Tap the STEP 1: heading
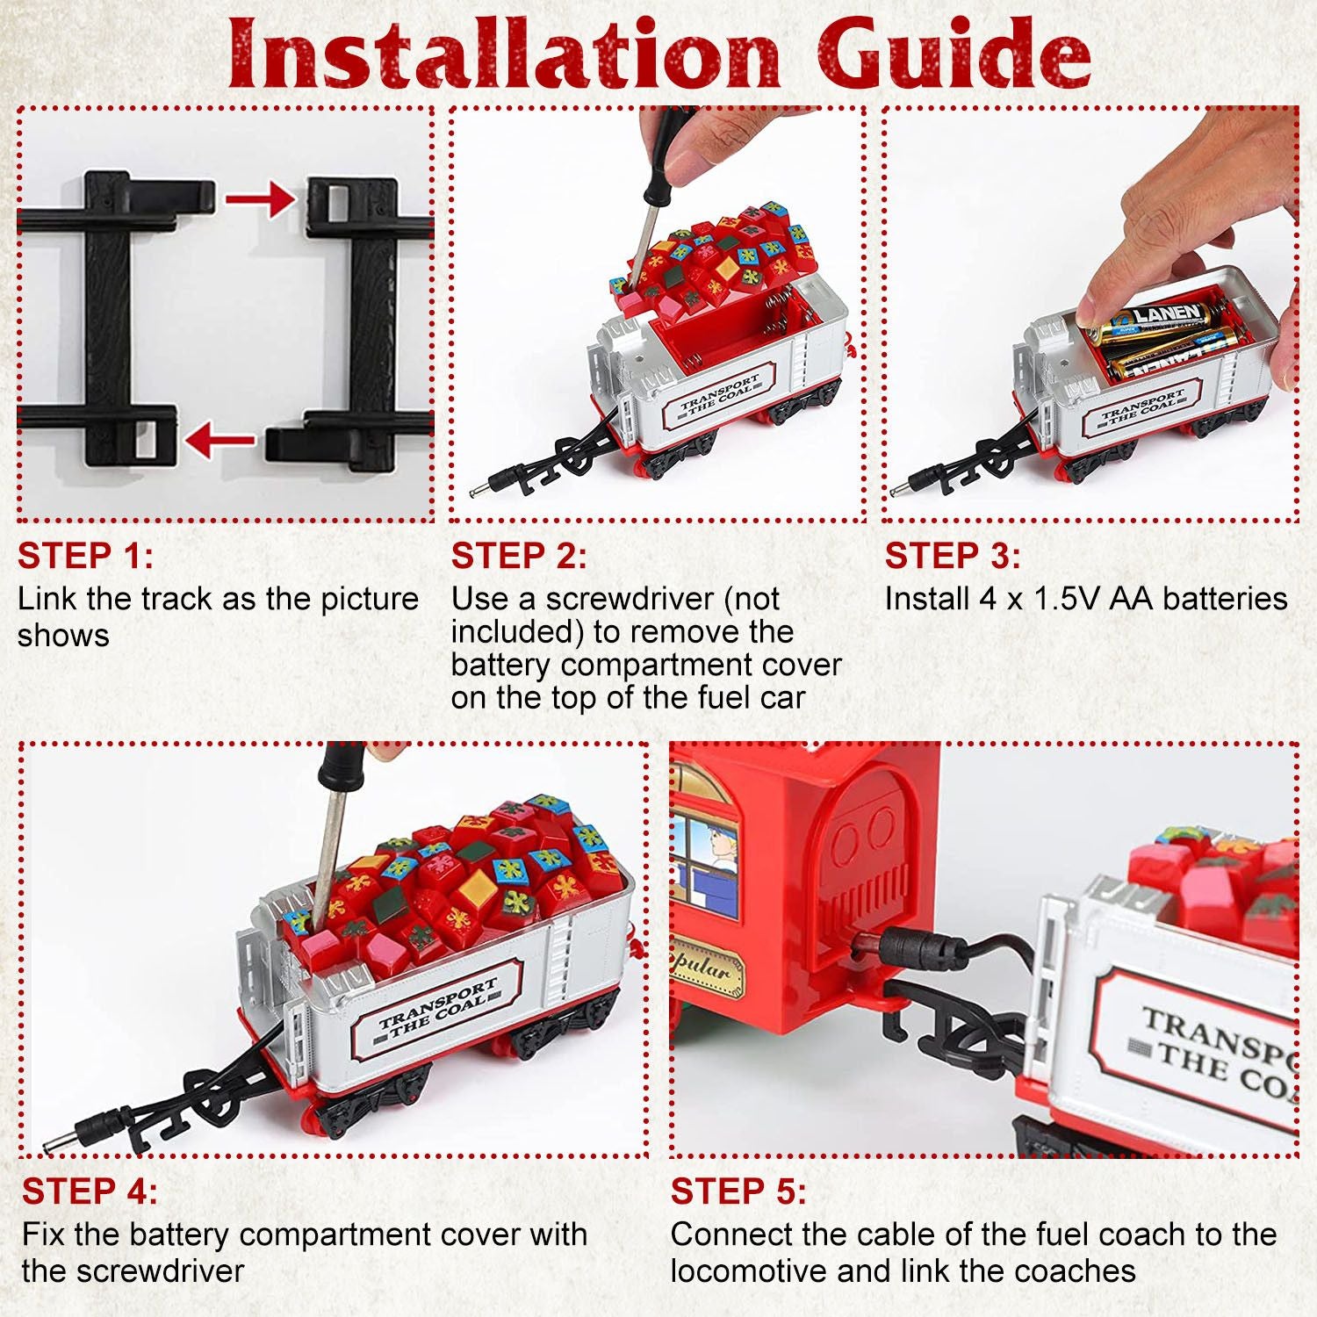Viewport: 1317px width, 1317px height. (x=86, y=556)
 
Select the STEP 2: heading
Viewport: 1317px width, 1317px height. (x=519, y=556)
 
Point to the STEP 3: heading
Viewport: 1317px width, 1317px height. (x=953, y=556)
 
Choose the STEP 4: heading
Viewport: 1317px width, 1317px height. (x=90, y=1191)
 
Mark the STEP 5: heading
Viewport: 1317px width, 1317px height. (x=738, y=1191)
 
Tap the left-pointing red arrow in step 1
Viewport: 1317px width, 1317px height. (x=220, y=439)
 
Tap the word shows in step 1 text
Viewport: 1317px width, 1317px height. (x=63, y=636)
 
